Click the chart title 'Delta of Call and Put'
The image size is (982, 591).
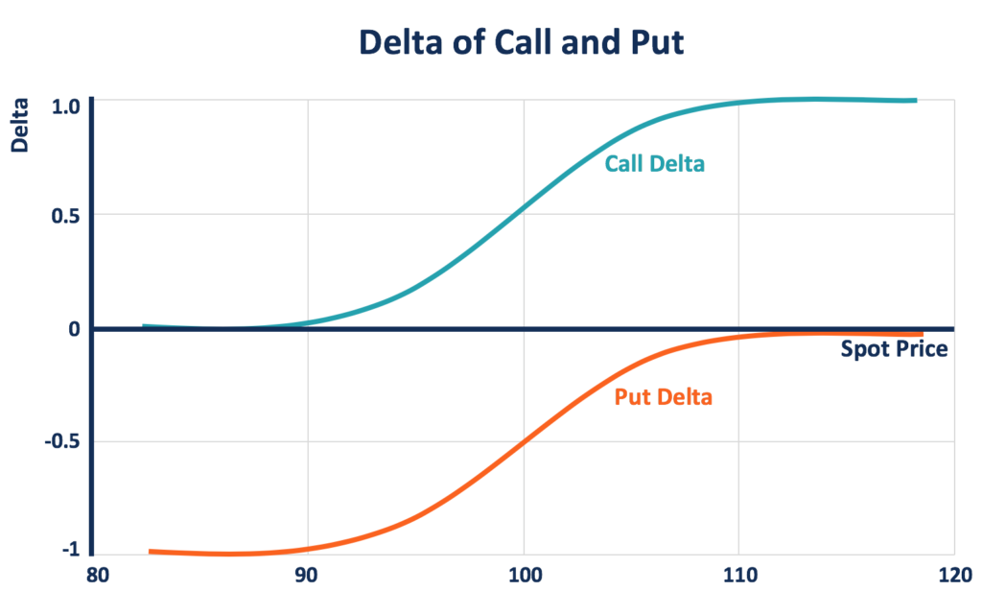[521, 42]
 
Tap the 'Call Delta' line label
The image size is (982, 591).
[654, 164]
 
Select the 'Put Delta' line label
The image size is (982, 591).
[663, 395]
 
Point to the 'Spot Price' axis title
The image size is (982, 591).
[894, 349]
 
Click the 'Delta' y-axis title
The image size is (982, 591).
[18, 127]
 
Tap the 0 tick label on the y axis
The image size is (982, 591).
[72, 329]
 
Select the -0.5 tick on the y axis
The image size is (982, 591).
[59, 442]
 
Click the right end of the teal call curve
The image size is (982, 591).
[915, 100]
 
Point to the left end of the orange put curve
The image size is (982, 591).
[151, 552]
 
